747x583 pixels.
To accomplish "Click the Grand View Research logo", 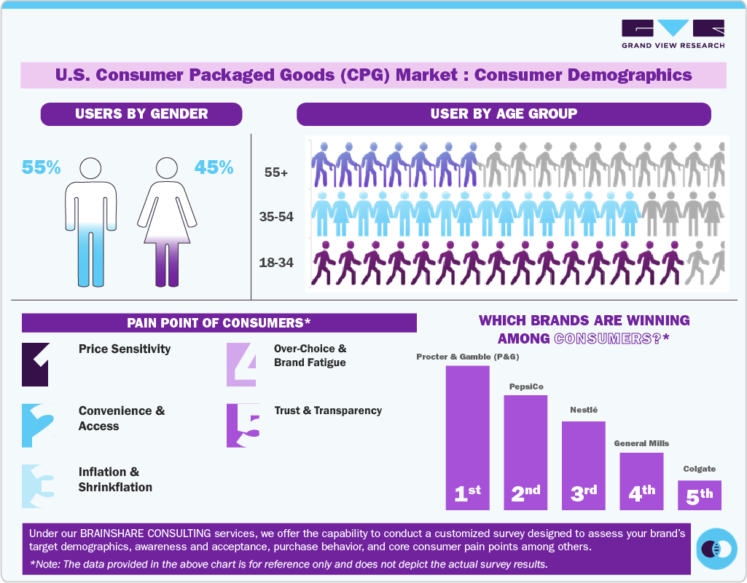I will (673, 33).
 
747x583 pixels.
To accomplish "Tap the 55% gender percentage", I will (42, 167).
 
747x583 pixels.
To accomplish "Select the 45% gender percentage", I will (214, 167).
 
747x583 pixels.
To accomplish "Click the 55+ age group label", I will (276, 173).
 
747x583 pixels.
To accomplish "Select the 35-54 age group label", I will (276, 217).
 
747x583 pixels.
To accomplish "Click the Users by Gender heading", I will (141, 114).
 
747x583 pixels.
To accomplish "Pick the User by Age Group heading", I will (504, 114).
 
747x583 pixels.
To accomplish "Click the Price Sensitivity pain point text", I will (125, 349).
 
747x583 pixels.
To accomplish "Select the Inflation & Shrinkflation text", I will (115, 480).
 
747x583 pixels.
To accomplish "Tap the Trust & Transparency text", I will (328, 411).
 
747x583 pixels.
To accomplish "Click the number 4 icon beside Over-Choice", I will (241, 364).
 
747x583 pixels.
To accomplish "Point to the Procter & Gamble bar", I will (467, 437).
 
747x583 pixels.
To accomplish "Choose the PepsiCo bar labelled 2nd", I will (525, 451).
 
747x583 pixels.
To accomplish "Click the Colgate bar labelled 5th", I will (699, 494).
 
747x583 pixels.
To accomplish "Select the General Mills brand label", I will (641, 443).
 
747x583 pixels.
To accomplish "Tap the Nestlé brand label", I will (583, 410).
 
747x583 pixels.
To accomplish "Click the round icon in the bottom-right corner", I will (716, 548).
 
